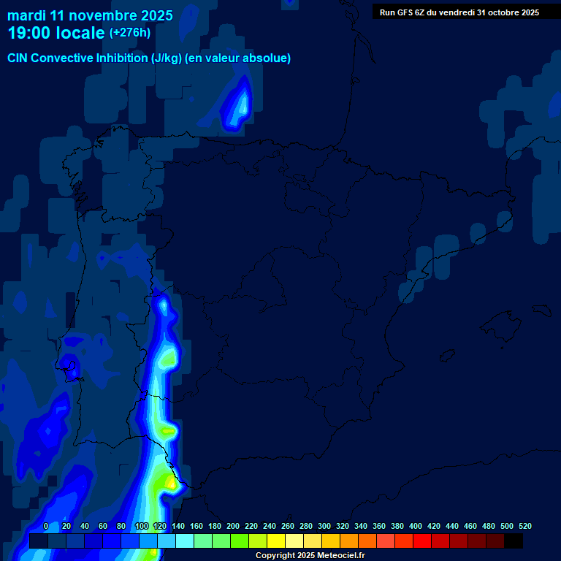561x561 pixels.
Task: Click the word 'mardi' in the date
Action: [26, 15]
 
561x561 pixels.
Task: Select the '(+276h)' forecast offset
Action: [130, 33]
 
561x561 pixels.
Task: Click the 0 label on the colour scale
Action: [46, 527]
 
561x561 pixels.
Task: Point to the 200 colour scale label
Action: [233, 527]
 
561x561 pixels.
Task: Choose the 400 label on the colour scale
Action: [416, 527]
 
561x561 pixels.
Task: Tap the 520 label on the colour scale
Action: [525, 527]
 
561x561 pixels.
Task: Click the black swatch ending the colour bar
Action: [514, 541]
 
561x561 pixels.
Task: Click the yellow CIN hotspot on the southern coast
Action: [171, 481]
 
